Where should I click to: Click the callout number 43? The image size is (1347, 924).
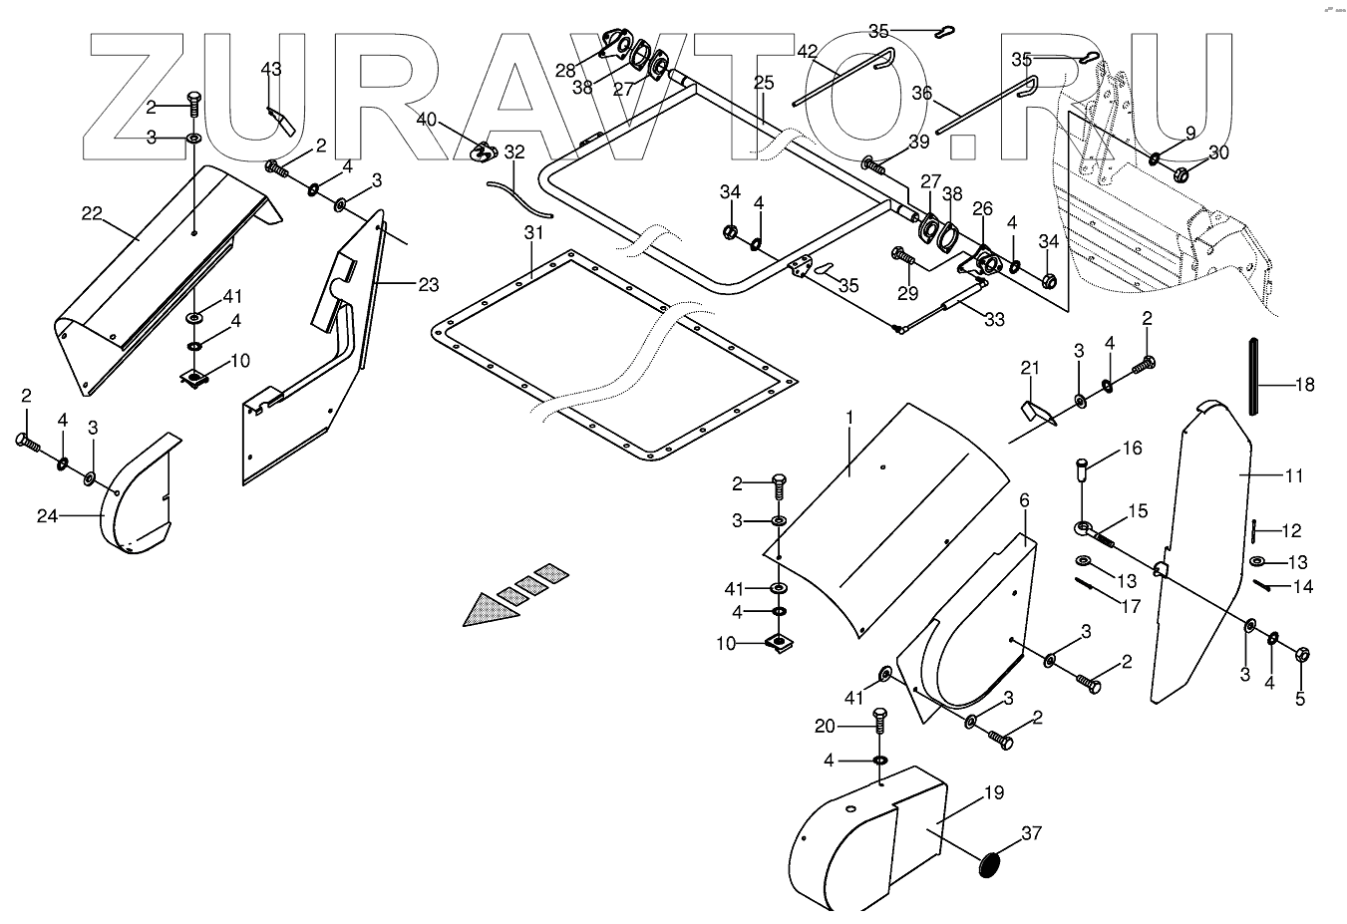click(x=270, y=69)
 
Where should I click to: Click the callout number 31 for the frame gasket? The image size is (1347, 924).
click(x=534, y=233)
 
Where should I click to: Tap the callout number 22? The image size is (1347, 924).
click(x=92, y=212)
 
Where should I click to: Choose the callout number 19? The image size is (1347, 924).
click(x=993, y=793)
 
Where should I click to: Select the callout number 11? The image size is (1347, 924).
click(x=1293, y=476)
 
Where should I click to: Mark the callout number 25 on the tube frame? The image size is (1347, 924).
click(x=764, y=82)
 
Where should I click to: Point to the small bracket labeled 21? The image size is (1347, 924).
click(x=1033, y=411)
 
